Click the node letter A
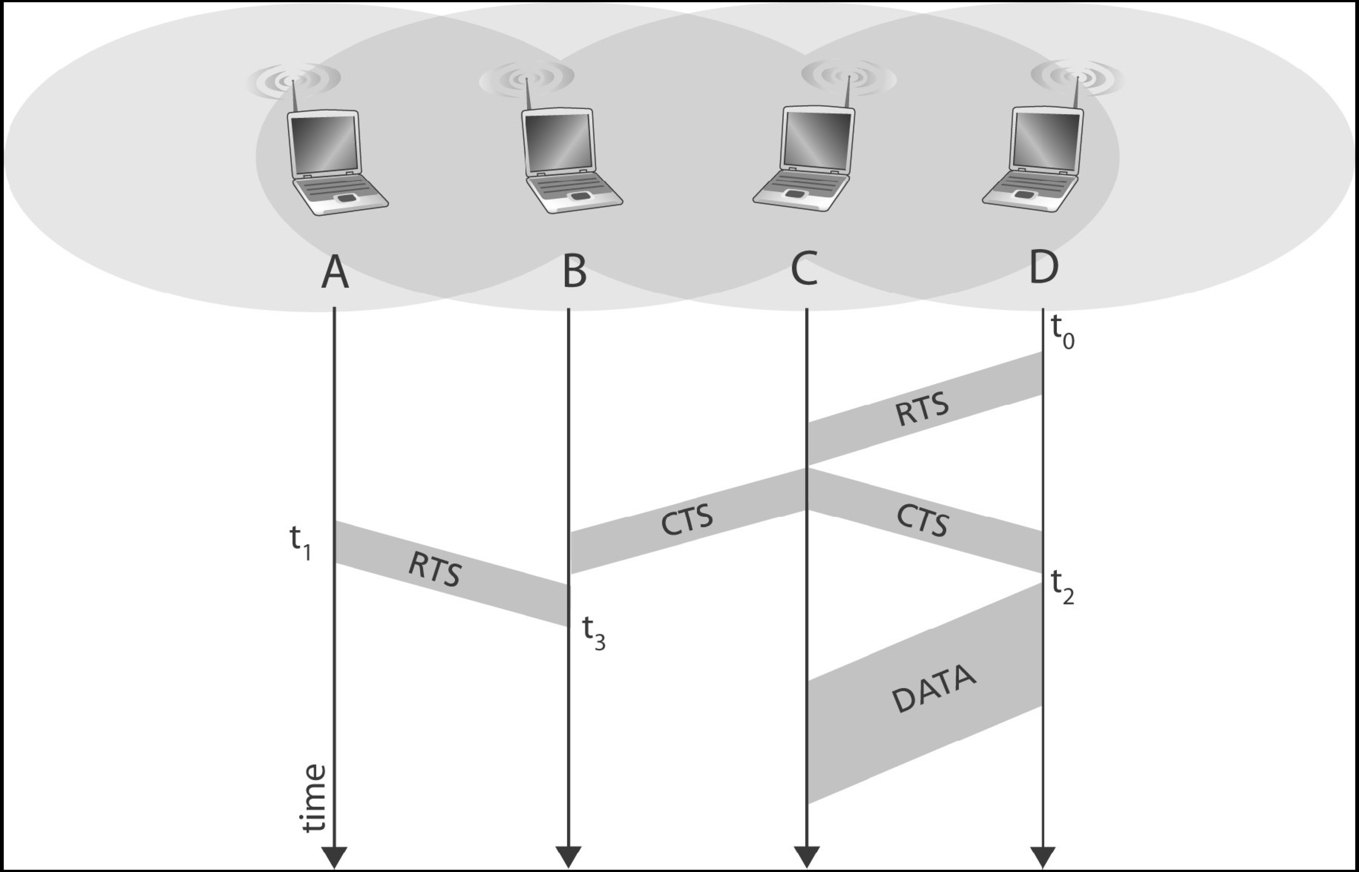[335, 272]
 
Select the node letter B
[574, 272]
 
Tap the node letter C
[804, 269]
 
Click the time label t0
[1062, 333]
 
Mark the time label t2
[1062, 587]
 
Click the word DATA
[934, 688]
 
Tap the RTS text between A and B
[435, 569]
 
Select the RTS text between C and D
[922, 409]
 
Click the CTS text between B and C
[687, 520]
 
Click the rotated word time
[314, 798]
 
